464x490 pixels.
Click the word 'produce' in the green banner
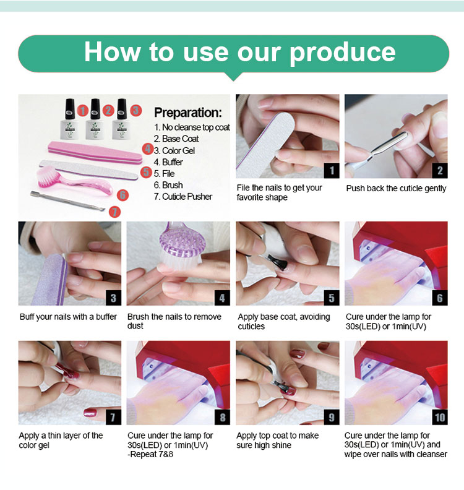[343, 53]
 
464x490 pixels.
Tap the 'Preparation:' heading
[188, 113]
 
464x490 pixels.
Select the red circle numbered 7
[114, 212]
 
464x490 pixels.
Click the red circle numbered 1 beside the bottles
[82, 110]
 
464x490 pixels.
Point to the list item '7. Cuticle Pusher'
[183, 197]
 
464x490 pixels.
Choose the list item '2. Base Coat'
[176, 139]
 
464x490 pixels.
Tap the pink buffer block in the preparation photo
[95, 152]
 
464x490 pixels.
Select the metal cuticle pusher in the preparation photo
[68, 200]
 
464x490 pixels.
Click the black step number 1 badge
[332, 171]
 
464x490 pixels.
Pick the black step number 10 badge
[440, 417]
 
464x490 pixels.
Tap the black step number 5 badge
[332, 298]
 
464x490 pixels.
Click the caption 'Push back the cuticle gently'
[396, 189]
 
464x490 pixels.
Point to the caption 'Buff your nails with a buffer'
[68, 317]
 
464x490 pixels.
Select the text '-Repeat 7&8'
[150, 454]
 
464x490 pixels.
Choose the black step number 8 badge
[222, 417]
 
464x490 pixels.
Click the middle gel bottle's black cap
[95, 109]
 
